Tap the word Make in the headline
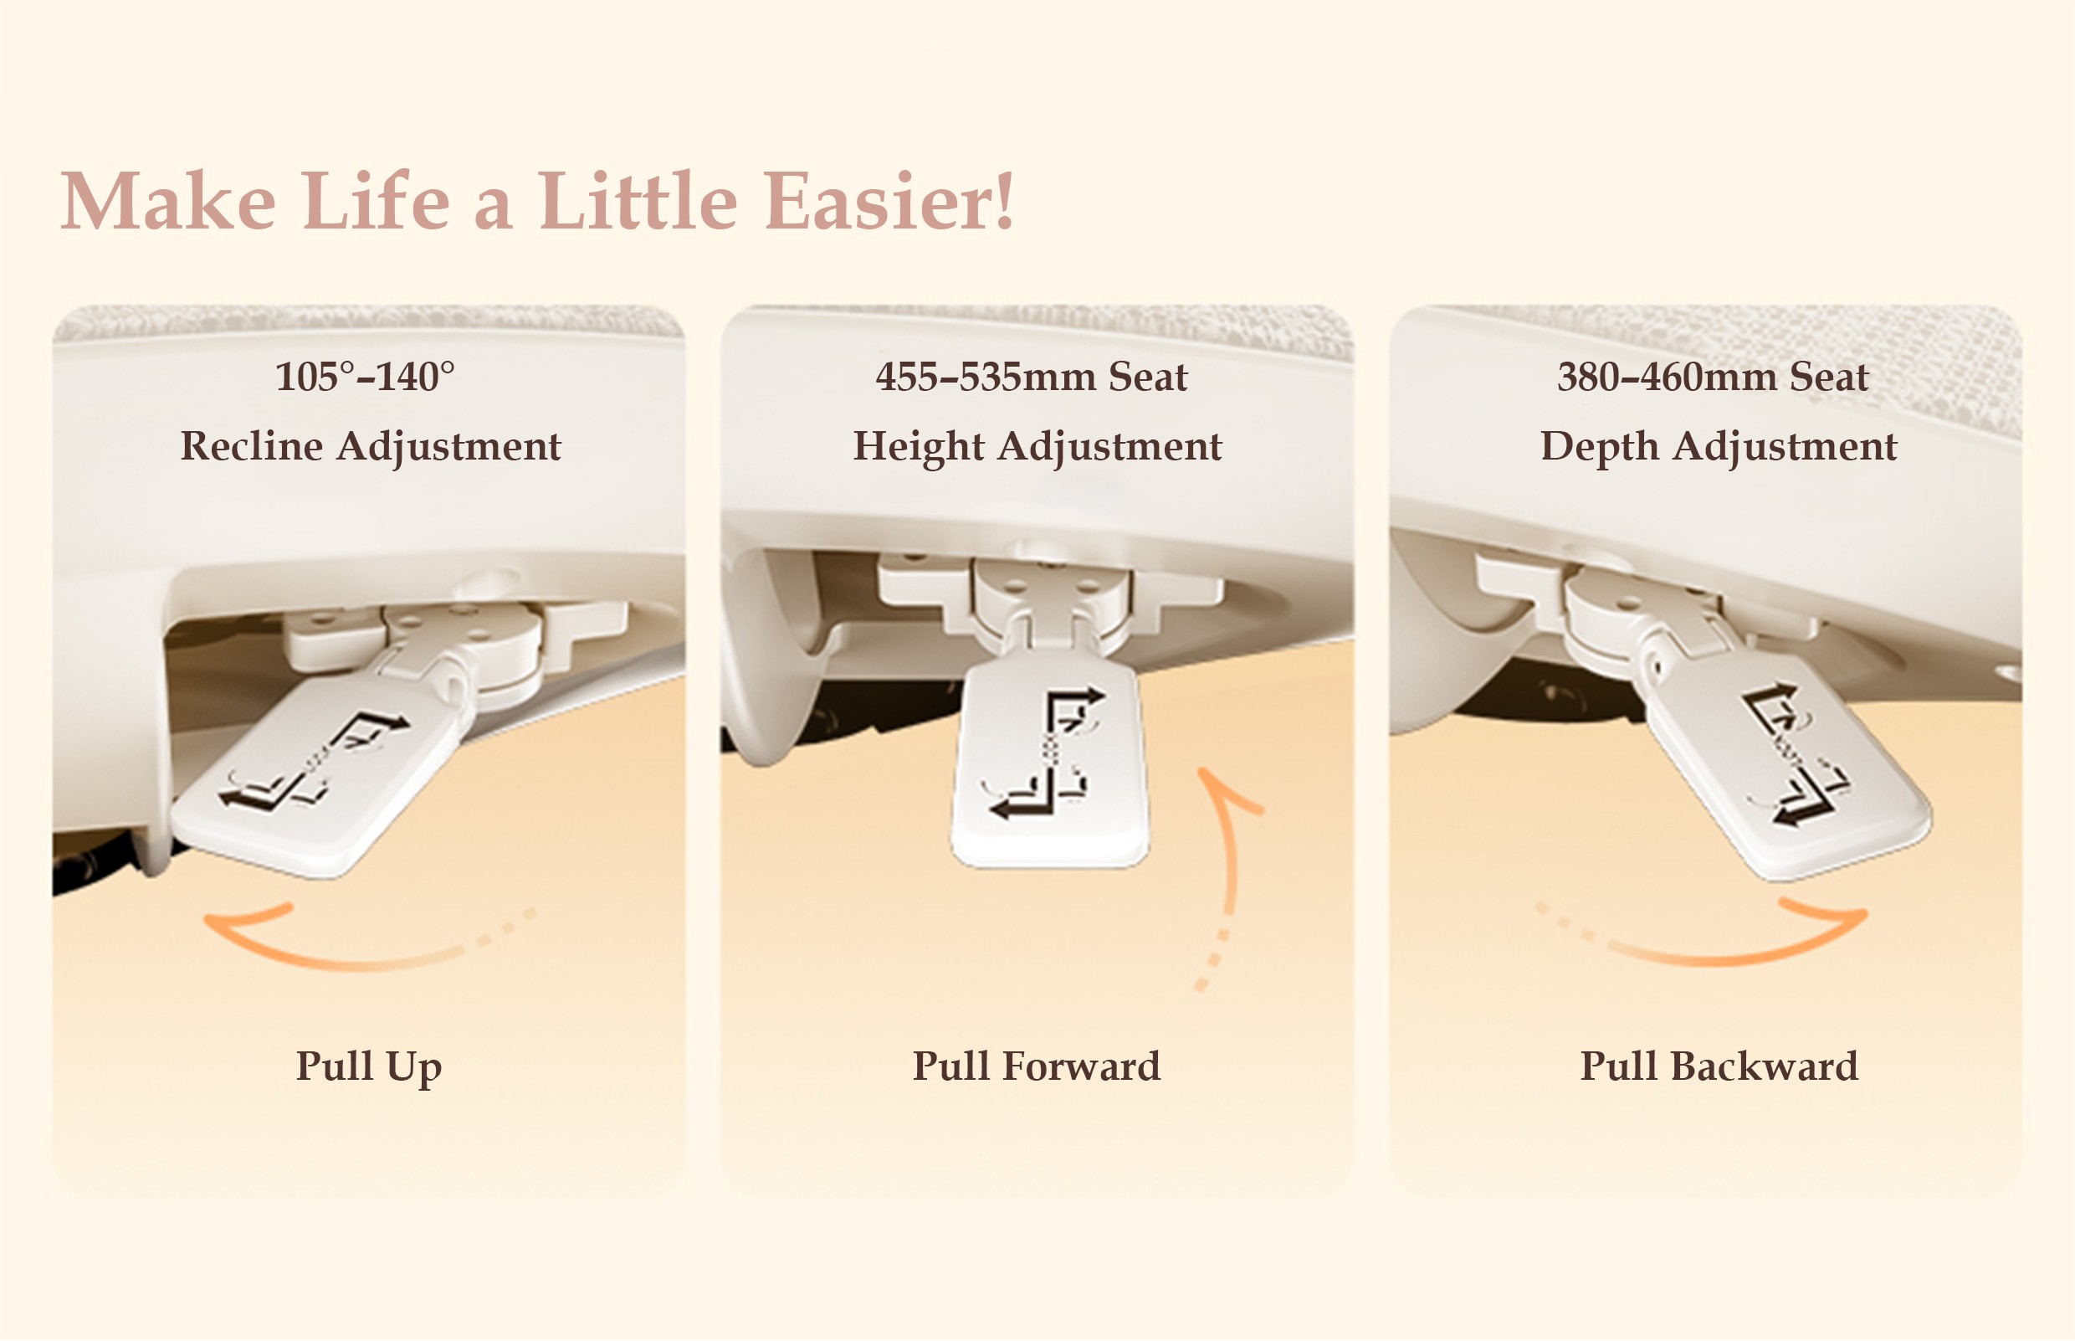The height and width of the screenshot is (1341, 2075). (168, 201)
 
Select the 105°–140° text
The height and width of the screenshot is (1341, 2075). (365, 376)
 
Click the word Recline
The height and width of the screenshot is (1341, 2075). (252, 446)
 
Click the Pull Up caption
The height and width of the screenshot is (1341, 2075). (369, 1066)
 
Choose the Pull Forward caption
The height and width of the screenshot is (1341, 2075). (1037, 1066)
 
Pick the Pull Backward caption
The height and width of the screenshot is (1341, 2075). (1719, 1066)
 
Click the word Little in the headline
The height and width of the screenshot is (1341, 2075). (639, 201)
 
